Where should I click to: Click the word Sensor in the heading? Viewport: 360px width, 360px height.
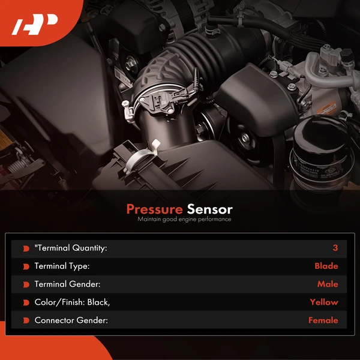(x=209, y=209)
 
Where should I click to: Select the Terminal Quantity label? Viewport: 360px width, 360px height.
(x=71, y=248)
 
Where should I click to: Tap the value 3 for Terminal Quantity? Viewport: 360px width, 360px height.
(x=335, y=248)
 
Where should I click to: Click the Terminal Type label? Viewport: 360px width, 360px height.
(x=62, y=266)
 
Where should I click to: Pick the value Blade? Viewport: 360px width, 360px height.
(x=326, y=266)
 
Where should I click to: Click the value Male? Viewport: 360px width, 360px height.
(x=328, y=284)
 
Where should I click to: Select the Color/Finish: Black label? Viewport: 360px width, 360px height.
(x=72, y=302)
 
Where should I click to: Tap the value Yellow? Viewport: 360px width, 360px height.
(x=324, y=302)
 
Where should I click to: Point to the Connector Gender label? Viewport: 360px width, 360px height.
(x=71, y=320)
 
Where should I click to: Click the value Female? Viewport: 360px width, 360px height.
(x=323, y=320)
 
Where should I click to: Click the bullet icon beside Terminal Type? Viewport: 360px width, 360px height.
(x=26, y=266)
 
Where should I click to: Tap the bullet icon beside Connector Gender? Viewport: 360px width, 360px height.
(x=26, y=320)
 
